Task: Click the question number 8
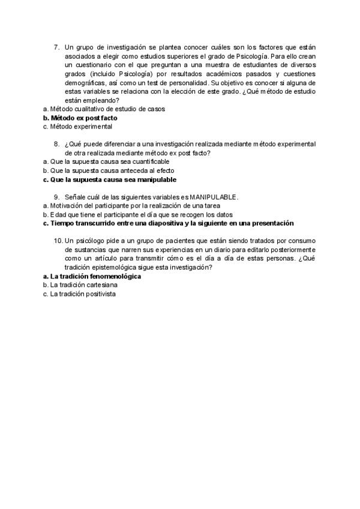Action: click(56, 143)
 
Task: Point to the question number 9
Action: click(56, 197)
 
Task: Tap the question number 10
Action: click(58, 241)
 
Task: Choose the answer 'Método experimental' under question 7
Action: click(81, 127)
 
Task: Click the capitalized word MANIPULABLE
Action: click(214, 197)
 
